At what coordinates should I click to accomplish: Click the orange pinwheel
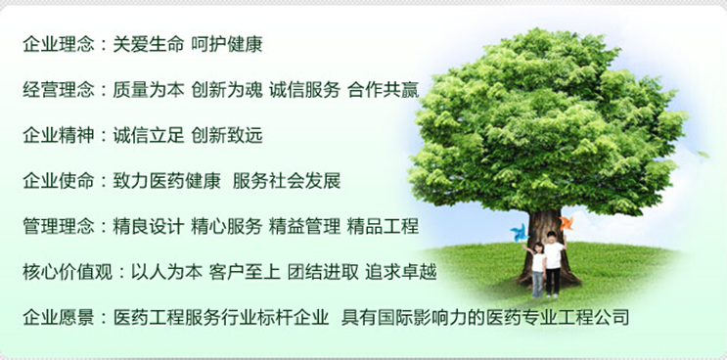point(566,224)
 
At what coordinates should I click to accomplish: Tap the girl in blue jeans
point(536,270)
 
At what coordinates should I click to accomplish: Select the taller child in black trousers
point(554,262)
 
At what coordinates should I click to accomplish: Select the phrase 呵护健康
point(227,44)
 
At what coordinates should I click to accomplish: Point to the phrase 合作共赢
point(383,90)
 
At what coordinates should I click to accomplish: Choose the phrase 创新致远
point(227,135)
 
